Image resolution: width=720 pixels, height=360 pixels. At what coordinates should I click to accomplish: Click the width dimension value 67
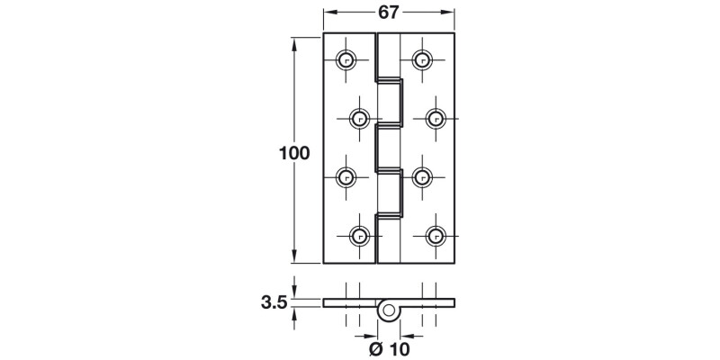389,12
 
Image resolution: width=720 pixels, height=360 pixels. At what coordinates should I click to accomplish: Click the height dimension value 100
294,152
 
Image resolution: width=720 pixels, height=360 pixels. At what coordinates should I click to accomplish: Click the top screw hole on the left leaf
345,60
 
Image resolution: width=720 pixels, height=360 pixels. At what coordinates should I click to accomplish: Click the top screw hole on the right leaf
420,60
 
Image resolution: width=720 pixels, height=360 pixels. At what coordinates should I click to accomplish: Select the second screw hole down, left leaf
358,118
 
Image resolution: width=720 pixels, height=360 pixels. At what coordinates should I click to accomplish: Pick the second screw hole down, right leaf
435,118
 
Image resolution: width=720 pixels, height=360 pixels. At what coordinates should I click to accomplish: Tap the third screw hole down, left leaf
345,176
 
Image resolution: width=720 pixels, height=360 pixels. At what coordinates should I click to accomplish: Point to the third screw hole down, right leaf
420,176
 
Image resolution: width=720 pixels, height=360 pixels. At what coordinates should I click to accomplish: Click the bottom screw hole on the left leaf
358,235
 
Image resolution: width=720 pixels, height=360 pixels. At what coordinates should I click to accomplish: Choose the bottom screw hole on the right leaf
435,235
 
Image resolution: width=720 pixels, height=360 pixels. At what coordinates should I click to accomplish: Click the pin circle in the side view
389,310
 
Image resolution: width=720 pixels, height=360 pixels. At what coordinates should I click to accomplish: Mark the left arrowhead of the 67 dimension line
328,13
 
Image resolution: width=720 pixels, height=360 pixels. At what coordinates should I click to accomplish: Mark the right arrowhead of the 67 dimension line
449,13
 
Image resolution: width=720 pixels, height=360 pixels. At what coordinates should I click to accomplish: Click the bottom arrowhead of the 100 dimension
295,258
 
